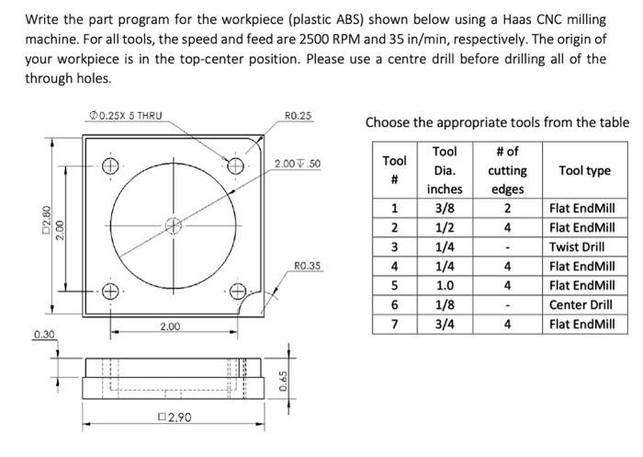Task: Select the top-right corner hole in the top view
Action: (x=236, y=166)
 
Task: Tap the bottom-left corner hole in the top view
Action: (x=111, y=291)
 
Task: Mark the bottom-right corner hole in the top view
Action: (x=236, y=291)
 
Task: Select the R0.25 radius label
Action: (x=299, y=116)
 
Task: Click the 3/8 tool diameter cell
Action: (x=444, y=209)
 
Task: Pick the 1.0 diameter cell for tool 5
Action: (x=444, y=285)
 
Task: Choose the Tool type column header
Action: (x=583, y=171)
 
